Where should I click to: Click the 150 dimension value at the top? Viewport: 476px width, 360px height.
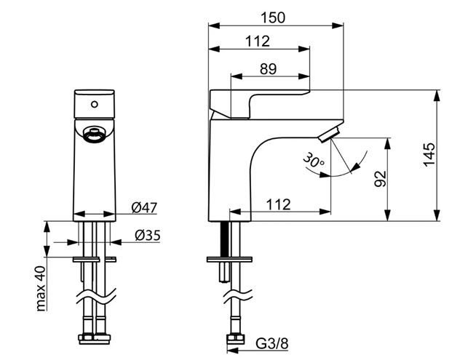(273, 17)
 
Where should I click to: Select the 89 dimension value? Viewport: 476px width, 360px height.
(269, 69)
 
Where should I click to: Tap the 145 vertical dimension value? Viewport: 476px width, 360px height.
(429, 155)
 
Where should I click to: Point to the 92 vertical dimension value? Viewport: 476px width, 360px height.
(380, 179)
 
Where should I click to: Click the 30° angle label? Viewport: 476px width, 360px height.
(313, 161)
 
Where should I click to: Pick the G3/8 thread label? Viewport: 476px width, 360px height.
(272, 344)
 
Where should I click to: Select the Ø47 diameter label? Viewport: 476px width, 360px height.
(145, 208)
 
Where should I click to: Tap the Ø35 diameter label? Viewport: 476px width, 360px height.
(148, 235)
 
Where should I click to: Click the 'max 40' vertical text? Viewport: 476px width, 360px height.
(41, 289)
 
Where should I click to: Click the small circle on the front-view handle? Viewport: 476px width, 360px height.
(95, 104)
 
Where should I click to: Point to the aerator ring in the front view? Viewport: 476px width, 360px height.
(95, 135)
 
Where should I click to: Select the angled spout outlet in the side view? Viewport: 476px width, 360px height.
(328, 135)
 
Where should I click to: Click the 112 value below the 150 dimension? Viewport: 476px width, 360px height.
(258, 41)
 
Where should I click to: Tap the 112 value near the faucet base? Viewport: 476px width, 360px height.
(278, 204)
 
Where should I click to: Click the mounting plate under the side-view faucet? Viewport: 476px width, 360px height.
(229, 260)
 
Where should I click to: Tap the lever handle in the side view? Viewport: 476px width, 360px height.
(260, 103)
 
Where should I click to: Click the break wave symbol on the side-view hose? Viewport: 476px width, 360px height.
(238, 295)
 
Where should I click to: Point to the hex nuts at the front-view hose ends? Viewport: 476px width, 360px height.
(95, 338)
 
